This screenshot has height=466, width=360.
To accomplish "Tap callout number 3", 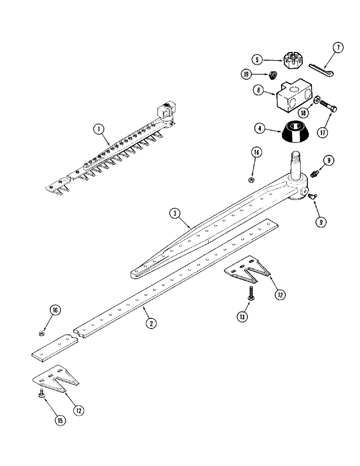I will [x=174, y=214].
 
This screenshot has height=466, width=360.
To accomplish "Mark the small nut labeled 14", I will [x=251, y=179].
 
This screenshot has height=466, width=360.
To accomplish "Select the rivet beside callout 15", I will [x=42, y=394].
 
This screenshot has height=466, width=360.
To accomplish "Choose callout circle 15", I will [x=60, y=419].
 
